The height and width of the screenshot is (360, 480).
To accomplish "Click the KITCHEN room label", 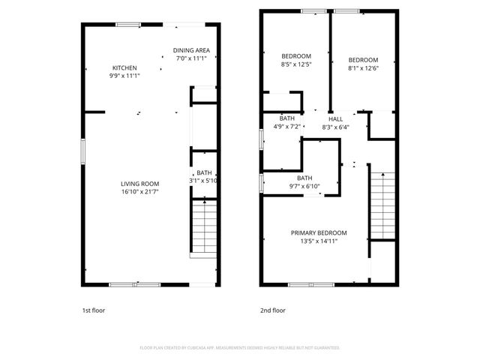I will pyautogui.click(x=124, y=67).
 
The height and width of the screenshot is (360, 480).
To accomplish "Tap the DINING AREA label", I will pyautogui.click(x=193, y=50).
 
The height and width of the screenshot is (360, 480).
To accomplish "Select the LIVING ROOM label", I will pyautogui.click(x=140, y=184).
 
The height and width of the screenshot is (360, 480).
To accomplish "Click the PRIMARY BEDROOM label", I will pyautogui.click(x=319, y=232).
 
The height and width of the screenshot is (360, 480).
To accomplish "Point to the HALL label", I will pyautogui.click(x=335, y=118).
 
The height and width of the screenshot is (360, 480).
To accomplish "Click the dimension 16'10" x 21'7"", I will pyautogui.click(x=140, y=192).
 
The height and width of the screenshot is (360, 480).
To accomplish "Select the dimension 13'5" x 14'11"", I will pyautogui.click(x=319, y=241).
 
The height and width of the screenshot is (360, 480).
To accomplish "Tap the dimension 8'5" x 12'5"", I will pyautogui.click(x=295, y=64).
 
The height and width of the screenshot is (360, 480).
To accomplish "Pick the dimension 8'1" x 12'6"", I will pyautogui.click(x=363, y=68).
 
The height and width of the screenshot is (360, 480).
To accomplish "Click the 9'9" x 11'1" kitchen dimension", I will pyautogui.click(x=124, y=76).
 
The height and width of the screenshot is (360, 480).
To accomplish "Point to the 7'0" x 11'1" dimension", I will pyautogui.click(x=193, y=58).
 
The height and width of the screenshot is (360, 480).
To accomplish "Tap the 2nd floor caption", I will pyautogui.click(x=273, y=309).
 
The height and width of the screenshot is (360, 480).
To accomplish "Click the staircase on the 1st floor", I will pyautogui.click(x=202, y=226).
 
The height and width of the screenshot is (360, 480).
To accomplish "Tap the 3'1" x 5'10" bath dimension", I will pyautogui.click(x=202, y=181).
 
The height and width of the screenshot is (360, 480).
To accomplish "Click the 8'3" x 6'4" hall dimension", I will pyautogui.click(x=335, y=127).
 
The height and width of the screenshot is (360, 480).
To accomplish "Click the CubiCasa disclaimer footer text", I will pyautogui.click(x=240, y=348).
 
